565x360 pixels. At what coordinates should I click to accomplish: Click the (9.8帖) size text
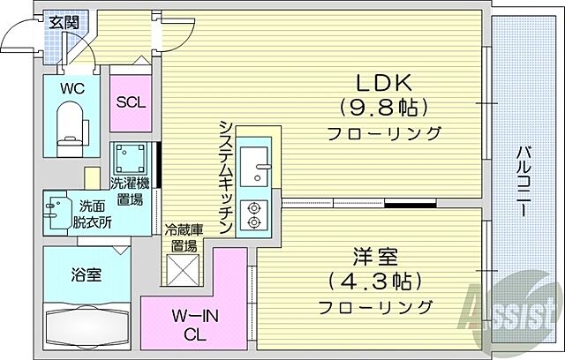tap(382, 108)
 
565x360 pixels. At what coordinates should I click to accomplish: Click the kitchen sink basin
tap(259, 163)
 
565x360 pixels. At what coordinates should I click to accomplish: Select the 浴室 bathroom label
tap(86, 275)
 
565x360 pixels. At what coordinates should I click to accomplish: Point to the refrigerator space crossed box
tap(185, 268)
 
